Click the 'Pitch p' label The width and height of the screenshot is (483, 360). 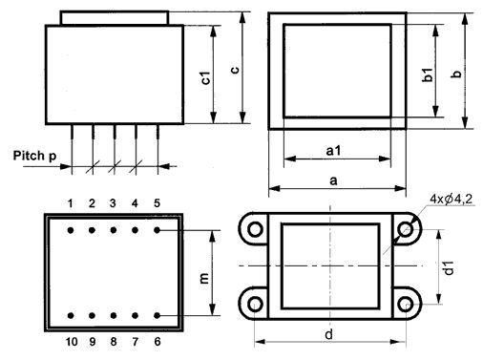click(x=34, y=156)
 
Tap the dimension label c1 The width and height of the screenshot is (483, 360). click(x=206, y=78)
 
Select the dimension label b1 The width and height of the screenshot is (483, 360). click(x=428, y=74)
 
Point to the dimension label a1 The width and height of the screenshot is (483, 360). click(x=333, y=150)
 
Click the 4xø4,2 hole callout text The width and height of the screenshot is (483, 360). click(x=451, y=200)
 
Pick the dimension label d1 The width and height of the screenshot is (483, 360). click(x=448, y=267)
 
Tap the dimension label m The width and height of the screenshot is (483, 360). click(x=204, y=278)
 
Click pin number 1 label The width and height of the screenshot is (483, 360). click(x=71, y=203)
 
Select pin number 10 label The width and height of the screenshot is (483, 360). click(x=72, y=342)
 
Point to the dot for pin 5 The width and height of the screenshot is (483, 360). click(x=157, y=230)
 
